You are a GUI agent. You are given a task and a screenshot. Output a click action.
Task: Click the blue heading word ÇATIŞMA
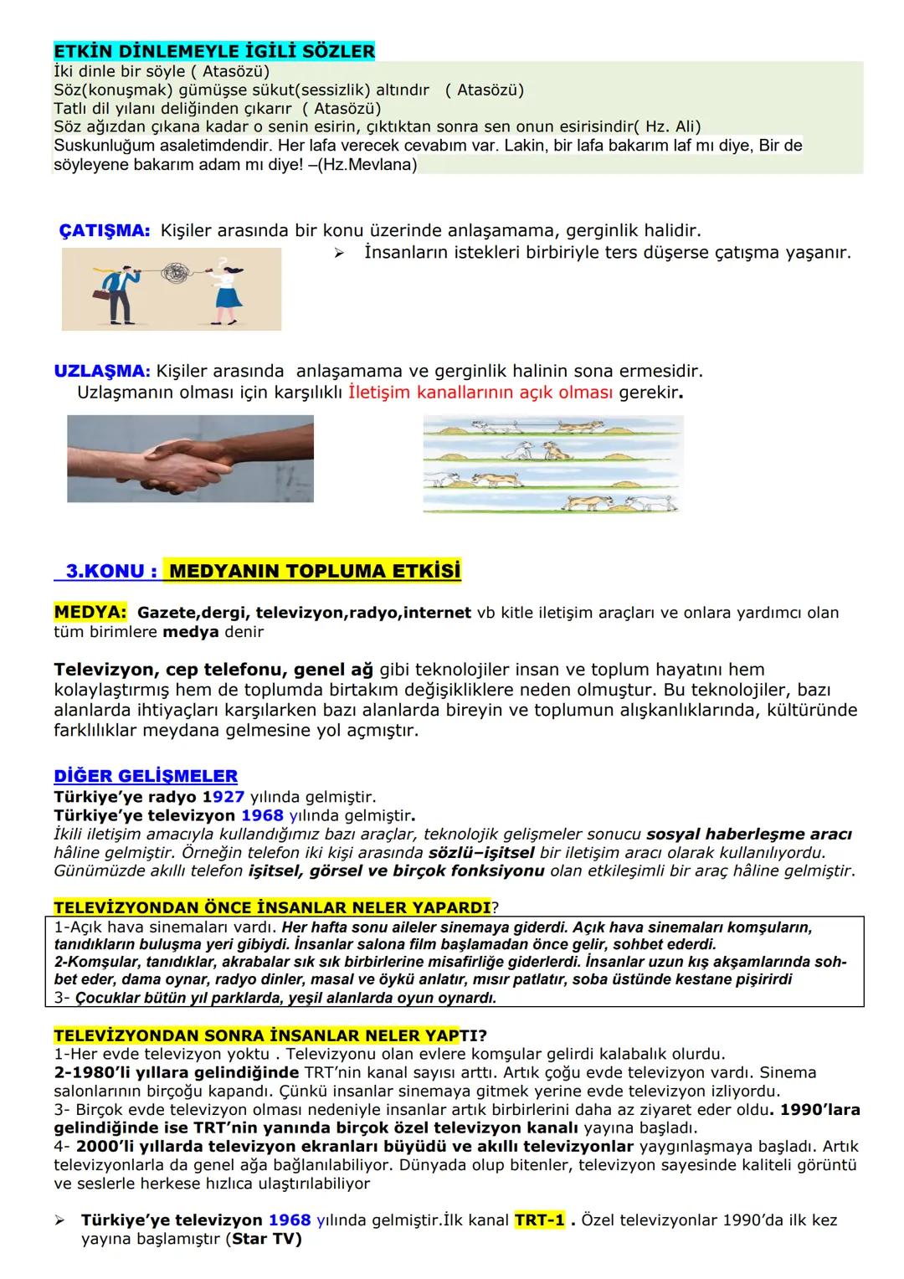click(104, 230)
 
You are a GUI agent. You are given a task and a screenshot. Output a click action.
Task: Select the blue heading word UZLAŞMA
click(101, 371)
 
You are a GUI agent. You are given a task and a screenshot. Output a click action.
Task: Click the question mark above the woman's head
click(223, 261)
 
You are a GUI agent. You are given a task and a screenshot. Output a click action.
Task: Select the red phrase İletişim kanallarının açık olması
click(481, 393)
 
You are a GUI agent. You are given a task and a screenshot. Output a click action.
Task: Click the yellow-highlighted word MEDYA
click(90, 613)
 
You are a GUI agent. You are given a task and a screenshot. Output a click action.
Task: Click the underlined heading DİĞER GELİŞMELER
click(146, 776)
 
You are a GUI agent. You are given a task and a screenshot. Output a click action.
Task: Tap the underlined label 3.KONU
click(106, 572)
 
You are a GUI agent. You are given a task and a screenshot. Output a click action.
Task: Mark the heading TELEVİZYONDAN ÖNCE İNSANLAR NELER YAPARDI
click(272, 907)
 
